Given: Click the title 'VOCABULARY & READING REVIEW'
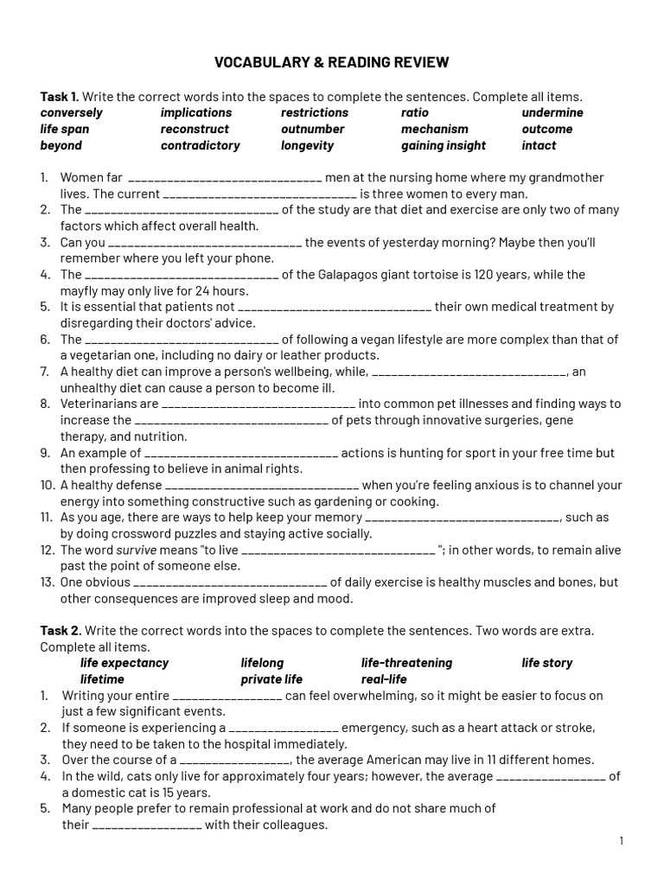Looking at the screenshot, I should pyautogui.click(x=332, y=62).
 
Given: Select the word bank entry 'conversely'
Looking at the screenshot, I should pyautogui.click(x=71, y=112).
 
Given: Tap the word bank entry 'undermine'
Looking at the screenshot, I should pyautogui.click(x=552, y=112).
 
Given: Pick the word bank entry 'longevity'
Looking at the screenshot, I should pyautogui.click(x=307, y=145).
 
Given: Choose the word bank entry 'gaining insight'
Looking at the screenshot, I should pyautogui.click(x=443, y=145).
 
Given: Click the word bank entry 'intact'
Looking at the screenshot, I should pyautogui.click(x=539, y=145).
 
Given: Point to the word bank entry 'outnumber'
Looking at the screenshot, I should pyautogui.click(x=312, y=129).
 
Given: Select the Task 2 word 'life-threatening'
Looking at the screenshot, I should pyautogui.click(x=406, y=663).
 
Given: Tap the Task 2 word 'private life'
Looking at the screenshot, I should pyautogui.click(x=271, y=679).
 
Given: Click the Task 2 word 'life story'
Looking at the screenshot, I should pyautogui.click(x=546, y=663).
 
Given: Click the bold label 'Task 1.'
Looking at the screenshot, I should pyautogui.click(x=60, y=96).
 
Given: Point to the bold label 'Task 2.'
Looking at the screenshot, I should pyautogui.click(x=61, y=631).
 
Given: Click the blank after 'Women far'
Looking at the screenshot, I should pyautogui.click(x=224, y=179).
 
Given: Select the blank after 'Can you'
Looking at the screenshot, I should pyautogui.click(x=205, y=244).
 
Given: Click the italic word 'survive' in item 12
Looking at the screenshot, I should pyautogui.click(x=131, y=550).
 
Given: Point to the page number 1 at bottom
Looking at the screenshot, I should pyautogui.click(x=621, y=841).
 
